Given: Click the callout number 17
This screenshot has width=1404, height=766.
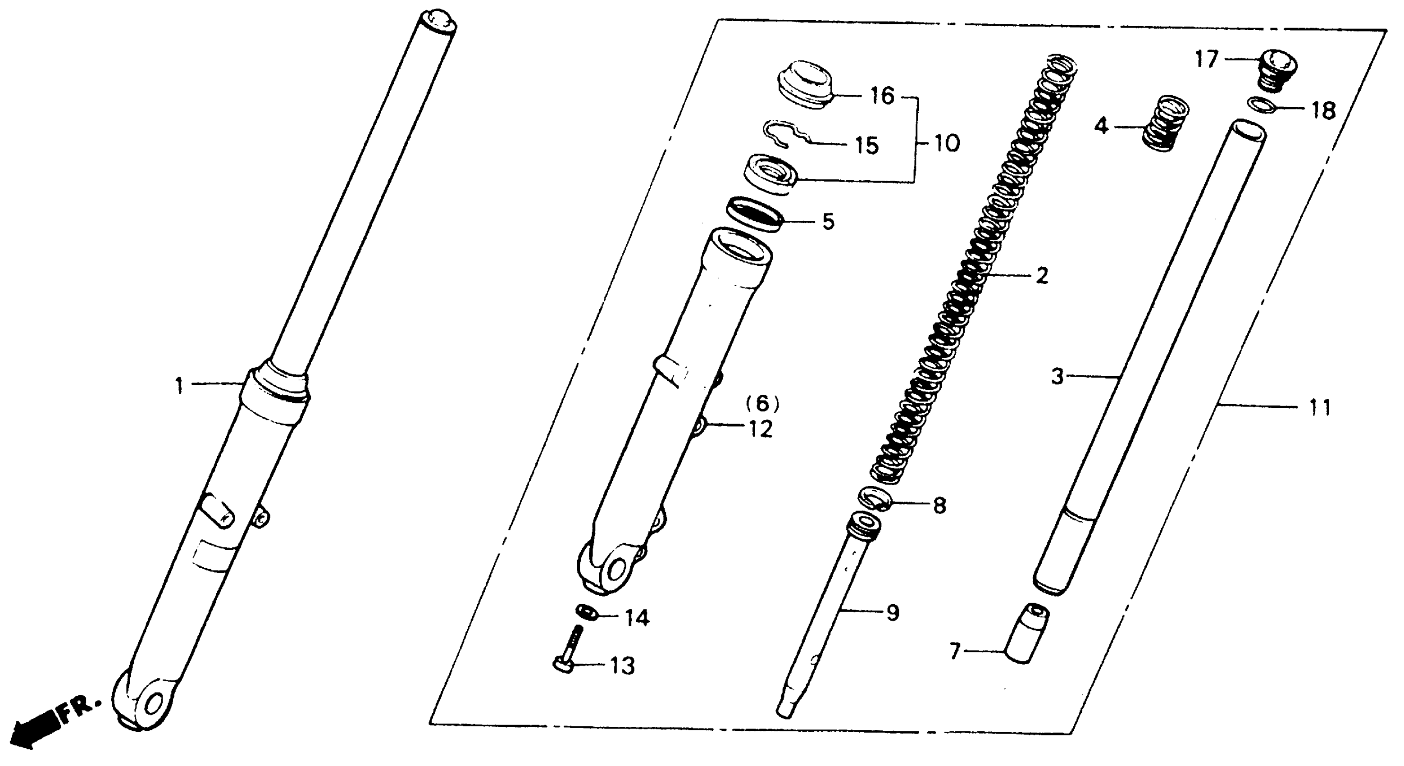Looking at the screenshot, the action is [1207, 59].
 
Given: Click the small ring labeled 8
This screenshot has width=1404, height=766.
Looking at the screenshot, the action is [874, 500].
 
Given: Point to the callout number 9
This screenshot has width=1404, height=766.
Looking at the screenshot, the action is [892, 613].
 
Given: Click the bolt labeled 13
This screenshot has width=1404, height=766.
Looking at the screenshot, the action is [570, 652].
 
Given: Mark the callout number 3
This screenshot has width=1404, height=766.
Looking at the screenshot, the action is [1058, 376].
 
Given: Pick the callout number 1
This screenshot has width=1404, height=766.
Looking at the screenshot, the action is [179, 386].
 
